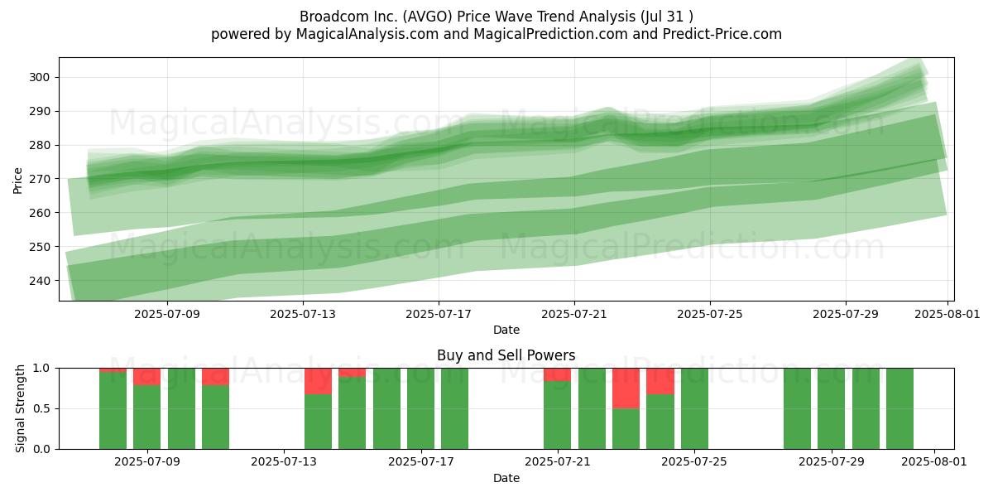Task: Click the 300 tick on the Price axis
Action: (x=40, y=78)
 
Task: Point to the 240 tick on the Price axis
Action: (x=40, y=281)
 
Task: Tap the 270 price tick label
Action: (x=40, y=179)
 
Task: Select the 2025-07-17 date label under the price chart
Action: (x=439, y=314)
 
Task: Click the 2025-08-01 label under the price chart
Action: (x=947, y=314)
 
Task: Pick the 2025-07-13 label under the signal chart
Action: (x=284, y=462)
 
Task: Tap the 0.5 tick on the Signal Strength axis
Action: (x=42, y=408)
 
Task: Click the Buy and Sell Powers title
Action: (x=506, y=355)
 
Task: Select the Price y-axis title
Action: (x=17, y=181)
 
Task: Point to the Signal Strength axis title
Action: (x=20, y=408)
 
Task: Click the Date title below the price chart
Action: (x=506, y=330)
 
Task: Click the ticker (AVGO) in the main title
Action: (x=428, y=17)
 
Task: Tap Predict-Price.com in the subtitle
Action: (x=722, y=34)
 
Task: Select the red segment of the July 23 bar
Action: (x=626, y=388)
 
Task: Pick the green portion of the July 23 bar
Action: (x=626, y=429)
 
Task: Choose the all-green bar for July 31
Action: (x=900, y=408)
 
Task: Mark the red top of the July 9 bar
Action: (x=146, y=377)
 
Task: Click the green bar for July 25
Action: (x=694, y=408)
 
